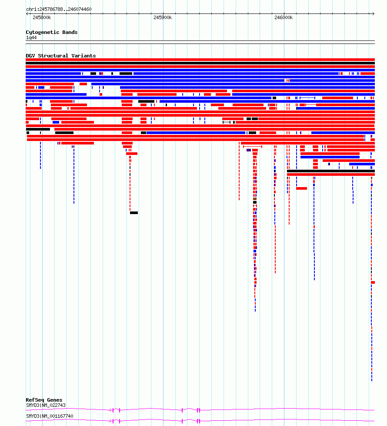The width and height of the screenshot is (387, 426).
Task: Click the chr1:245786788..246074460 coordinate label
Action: (59, 9)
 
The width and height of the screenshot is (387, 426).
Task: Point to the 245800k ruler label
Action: (42, 18)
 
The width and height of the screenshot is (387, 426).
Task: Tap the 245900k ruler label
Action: (163, 18)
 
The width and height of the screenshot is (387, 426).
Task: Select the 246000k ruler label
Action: (284, 18)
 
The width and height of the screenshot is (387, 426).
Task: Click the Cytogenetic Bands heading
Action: (52, 32)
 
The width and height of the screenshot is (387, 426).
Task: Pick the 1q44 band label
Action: (31, 38)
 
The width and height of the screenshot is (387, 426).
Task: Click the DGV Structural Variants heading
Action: (61, 56)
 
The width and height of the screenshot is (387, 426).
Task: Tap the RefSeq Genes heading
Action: (44, 400)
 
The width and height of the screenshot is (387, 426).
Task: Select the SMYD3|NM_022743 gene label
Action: (46, 406)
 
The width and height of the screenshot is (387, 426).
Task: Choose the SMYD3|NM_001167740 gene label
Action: (50, 416)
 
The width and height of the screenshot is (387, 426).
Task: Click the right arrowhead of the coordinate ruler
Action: (374, 13)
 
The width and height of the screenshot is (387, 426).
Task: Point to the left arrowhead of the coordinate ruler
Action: (27, 13)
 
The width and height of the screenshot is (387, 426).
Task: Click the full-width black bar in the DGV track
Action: (200, 63)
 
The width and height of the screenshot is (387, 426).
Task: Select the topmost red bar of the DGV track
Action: (200, 60)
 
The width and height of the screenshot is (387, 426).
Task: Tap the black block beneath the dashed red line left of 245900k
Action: (134, 213)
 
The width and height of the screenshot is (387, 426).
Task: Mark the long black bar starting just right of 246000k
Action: (331, 171)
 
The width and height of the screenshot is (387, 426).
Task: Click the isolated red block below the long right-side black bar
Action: (301, 188)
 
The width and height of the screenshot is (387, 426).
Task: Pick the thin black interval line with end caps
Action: (227, 122)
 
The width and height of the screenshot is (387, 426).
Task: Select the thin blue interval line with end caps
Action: (307, 98)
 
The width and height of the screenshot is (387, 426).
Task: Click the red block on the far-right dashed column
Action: (373, 282)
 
